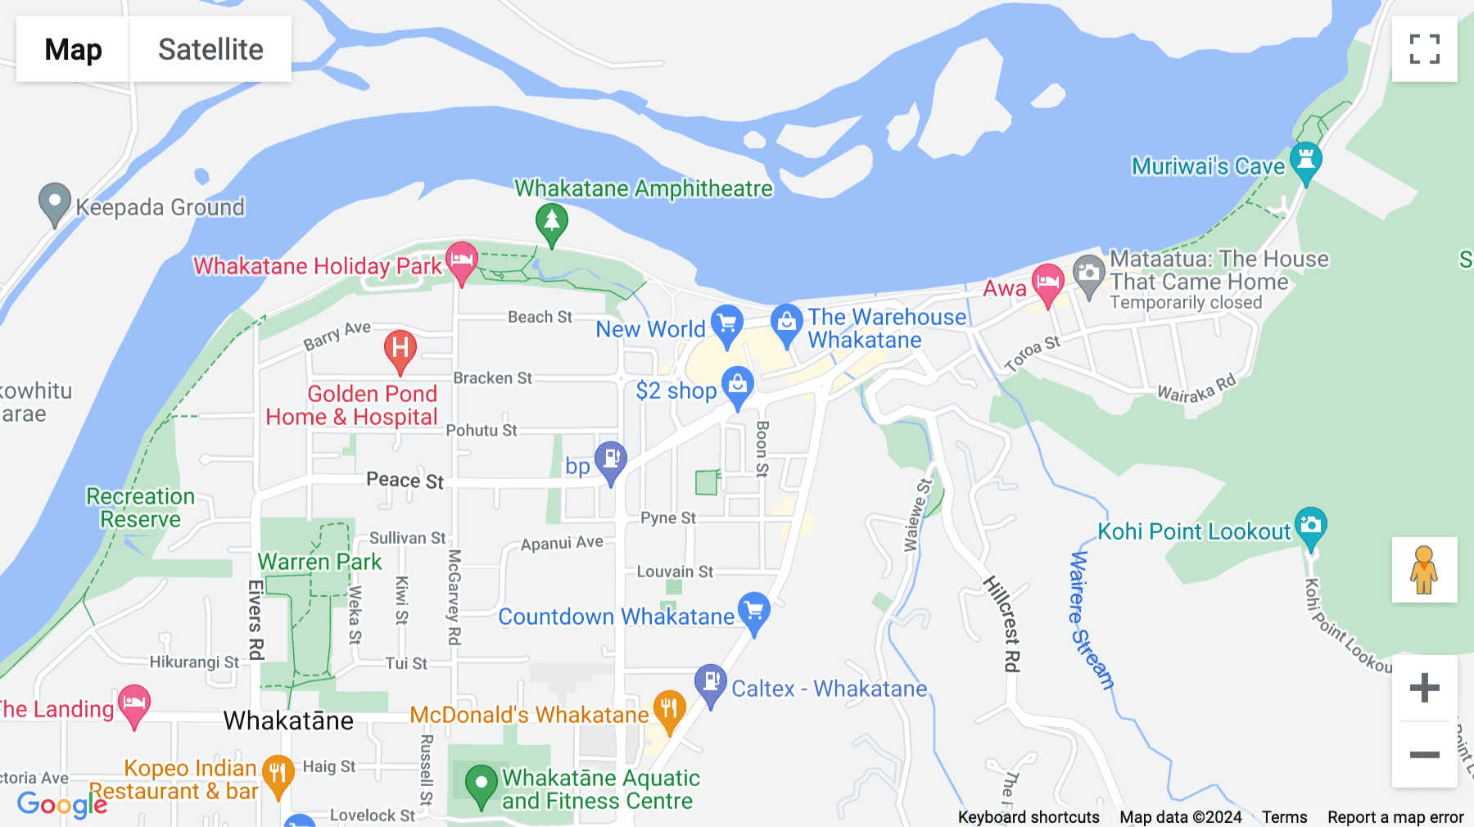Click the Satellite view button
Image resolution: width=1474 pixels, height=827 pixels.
pyautogui.click(x=210, y=49)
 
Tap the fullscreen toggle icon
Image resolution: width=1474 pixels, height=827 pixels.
pyautogui.click(x=1424, y=49)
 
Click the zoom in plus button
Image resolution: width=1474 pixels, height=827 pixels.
pyautogui.click(x=1424, y=688)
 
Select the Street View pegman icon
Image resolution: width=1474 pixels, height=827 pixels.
pyautogui.click(x=1424, y=570)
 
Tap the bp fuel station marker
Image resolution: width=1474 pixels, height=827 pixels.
pyautogui.click(x=611, y=461)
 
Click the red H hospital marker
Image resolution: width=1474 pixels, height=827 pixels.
pyautogui.click(x=400, y=349)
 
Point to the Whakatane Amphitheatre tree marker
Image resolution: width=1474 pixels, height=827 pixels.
pyautogui.click(x=551, y=222)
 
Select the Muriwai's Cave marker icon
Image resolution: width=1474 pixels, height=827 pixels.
pyautogui.click(x=1305, y=161)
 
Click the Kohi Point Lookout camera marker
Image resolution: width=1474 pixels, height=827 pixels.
pyautogui.click(x=1310, y=526)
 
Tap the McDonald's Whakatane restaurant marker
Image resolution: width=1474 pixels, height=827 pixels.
pyautogui.click(x=669, y=709)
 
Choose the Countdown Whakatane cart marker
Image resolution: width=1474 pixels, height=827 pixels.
pyautogui.click(x=753, y=612)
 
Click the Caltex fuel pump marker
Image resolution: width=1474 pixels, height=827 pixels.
pyautogui.click(x=710, y=683)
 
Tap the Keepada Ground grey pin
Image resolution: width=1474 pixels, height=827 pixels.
pyautogui.click(x=55, y=201)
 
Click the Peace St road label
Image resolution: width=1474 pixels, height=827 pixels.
pyautogui.click(x=405, y=480)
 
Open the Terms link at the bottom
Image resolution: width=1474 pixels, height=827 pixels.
pyautogui.click(x=1284, y=817)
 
